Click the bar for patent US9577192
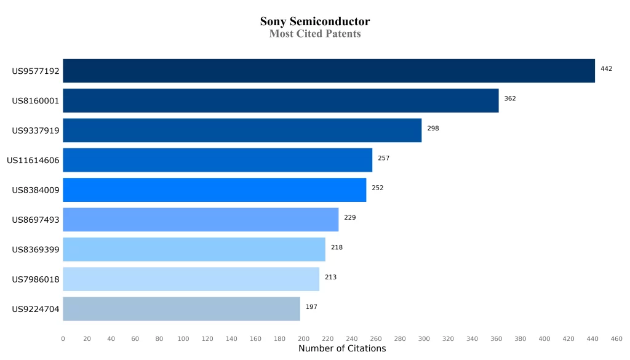pyautogui.click(x=329, y=71)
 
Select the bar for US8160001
pyautogui.click(x=281, y=100)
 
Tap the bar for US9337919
pyautogui.click(x=242, y=130)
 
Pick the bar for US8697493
pyautogui.click(x=201, y=220)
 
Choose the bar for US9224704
pyautogui.click(x=181, y=309)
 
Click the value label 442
pyautogui.click(x=606, y=69)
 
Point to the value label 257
pyautogui.click(x=383, y=158)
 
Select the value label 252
pyautogui.click(x=377, y=188)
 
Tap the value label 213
pyautogui.click(x=330, y=277)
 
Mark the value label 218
pyautogui.click(x=337, y=247)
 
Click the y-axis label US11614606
pyautogui.click(x=33, y=161)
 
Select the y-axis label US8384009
pyautogui.click(x=36, y=190)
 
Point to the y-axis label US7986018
pyautogui.click(x=36, y=279)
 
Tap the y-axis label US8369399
pyautogui.click(x=36, y=250)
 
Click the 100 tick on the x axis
pyautogui.click(x=183, y=338)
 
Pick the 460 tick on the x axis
pyautogui.click(x=616, y=338)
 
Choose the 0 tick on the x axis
pyautogui.click(x=63, y=338)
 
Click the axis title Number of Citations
pyautogui.click(x=342, y=349)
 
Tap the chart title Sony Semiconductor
pyautogui.click(x=315, y=22)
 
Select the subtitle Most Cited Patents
pyautogui.click(x=315, y=34)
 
